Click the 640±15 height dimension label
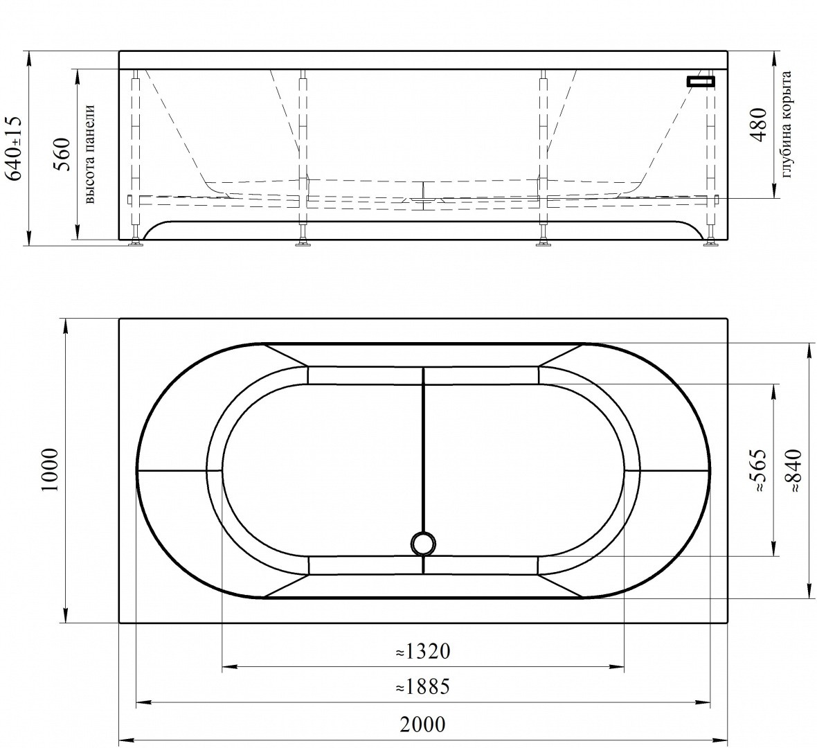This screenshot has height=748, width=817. click(x=15, y=148)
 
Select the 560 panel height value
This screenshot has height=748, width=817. click(x=62, y=154)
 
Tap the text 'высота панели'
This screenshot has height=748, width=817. click(x=88, y=154)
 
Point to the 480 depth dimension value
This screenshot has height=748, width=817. click(x=760, y=125)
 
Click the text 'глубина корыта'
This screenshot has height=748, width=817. click(x=786, y=125)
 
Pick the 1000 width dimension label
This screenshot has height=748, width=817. click(x=49, y=470)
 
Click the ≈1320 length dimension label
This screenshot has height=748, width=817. click(x=422, y=652)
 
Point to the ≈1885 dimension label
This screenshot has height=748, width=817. click(x=422, y=687)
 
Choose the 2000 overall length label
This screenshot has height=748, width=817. click(x=422, y=724)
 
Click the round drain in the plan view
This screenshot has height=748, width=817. click(x=422, y=543)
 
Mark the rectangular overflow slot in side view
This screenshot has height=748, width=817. click(x=700, y=82)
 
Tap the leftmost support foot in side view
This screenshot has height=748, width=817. click(x=136, y=242)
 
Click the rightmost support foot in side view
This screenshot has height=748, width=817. click(x=710, y=242)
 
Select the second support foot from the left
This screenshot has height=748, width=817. click(x=302, y=242)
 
